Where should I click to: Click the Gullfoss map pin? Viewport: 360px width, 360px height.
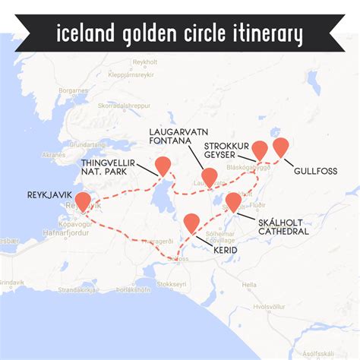[281, 147]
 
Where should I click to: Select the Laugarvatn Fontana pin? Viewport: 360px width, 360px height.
[210, 177]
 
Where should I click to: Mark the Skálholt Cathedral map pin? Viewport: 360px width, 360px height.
[233, 202]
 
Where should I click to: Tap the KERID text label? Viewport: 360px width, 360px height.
[226, 250]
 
